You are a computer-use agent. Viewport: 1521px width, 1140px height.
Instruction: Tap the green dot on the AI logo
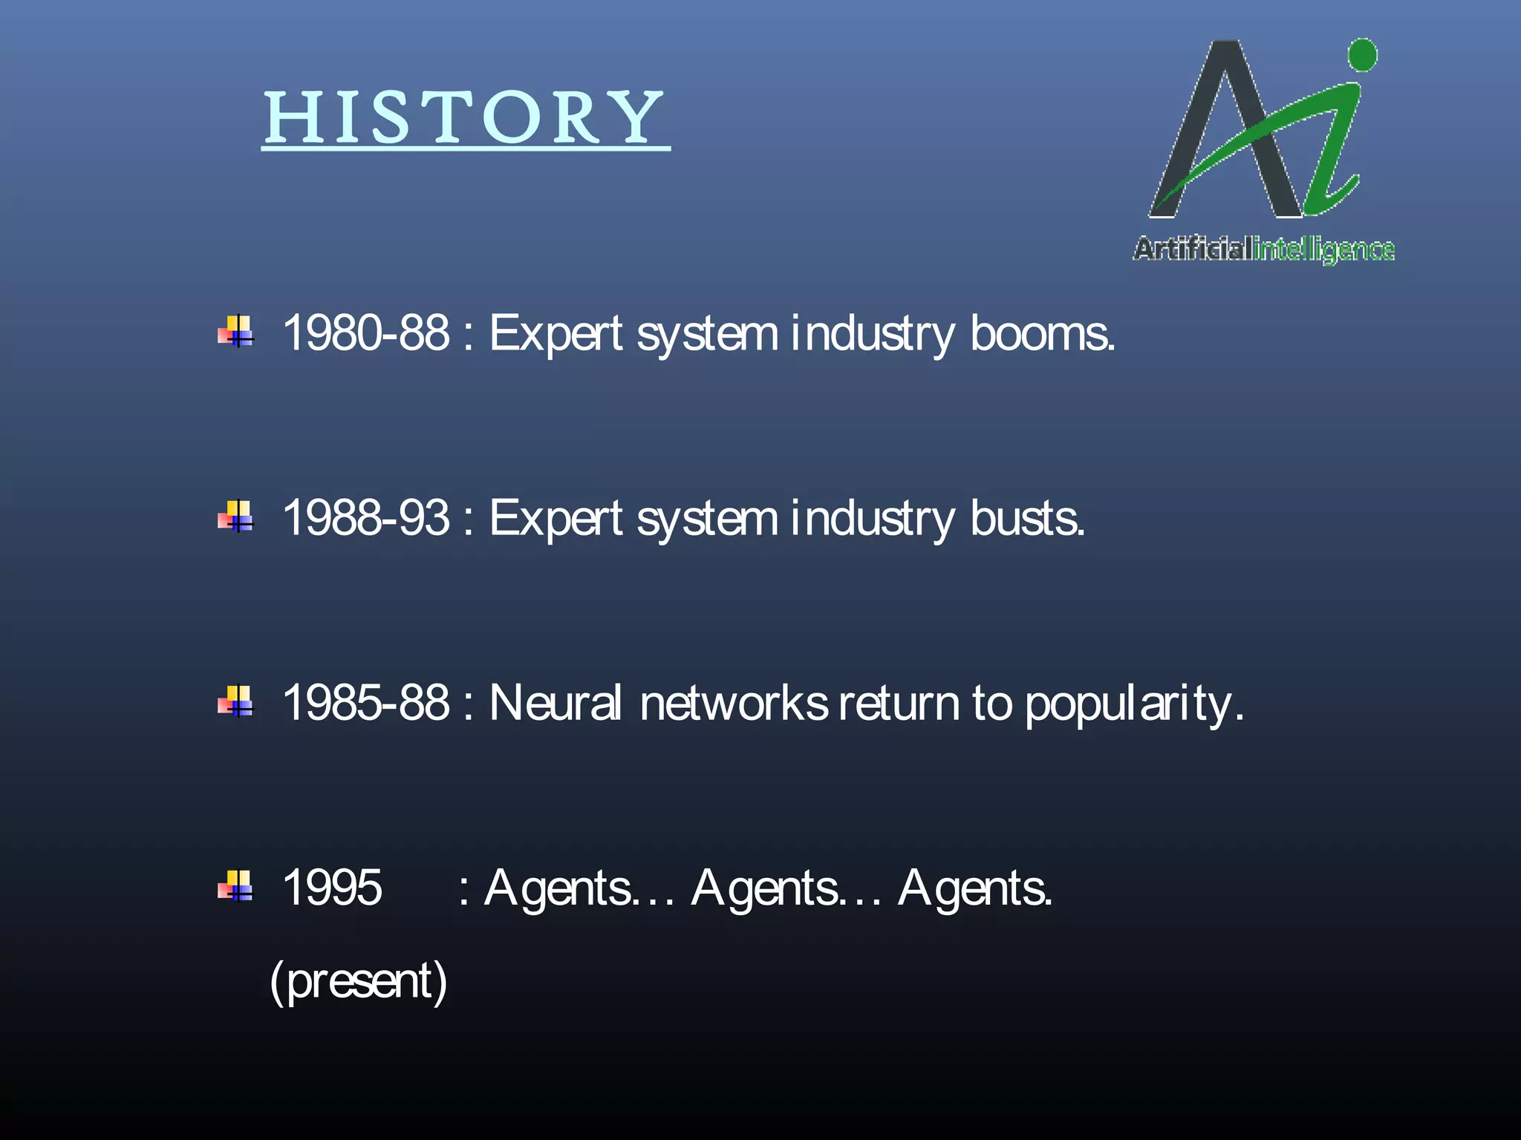click(x=1362, y=56)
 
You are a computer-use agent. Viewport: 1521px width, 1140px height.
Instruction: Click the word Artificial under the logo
click(x=1192, y=249)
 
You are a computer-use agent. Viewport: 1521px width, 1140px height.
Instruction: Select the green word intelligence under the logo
click(x=1323, y=250)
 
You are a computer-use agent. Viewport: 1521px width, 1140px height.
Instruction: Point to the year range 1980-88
click(x=366, y=332)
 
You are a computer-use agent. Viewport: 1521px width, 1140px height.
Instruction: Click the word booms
click(x=1042, y=333)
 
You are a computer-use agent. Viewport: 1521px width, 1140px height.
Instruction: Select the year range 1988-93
click(x=366, y=517)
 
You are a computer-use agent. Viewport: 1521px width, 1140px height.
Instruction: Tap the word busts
click(x=1027, y=518)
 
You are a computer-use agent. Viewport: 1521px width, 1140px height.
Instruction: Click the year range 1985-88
click(x=366, y=702)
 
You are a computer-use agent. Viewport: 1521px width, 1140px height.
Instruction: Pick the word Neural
click(x=556, y=702)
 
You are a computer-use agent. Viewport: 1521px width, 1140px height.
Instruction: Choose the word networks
click(x=733, y=703)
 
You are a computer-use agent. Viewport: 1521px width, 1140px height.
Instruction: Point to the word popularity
click(x=1133, y=704)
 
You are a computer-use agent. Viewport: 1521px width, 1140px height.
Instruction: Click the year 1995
click(x=332, y=888)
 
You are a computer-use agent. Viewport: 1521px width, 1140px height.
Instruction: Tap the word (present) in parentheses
click(x=359, y=980)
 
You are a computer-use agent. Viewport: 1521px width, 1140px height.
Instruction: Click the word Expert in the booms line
click(x=556, y=333)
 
